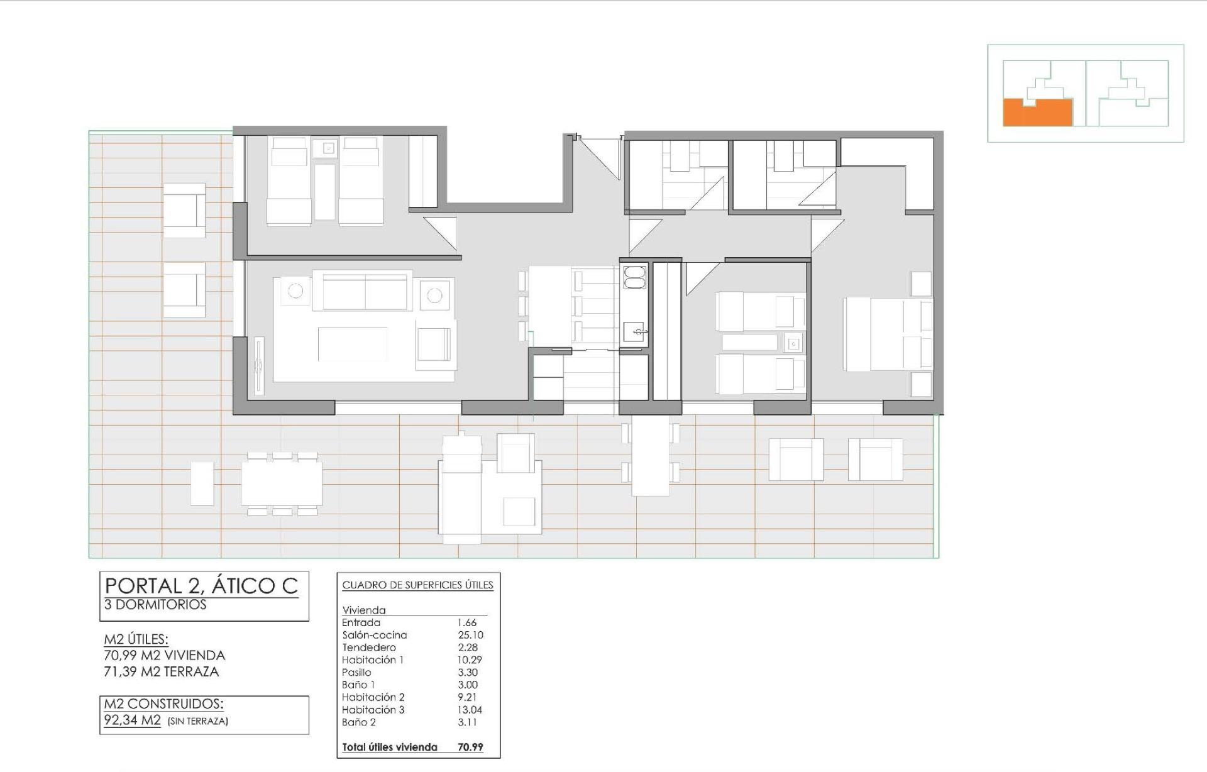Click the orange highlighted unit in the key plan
1037,113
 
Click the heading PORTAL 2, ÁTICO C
201,585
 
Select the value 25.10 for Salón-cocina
470,635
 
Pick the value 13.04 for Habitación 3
470,710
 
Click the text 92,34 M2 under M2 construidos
133,720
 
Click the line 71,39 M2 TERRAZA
161,671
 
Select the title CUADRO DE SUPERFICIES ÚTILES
417,585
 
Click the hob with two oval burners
634,277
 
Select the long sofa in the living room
367,290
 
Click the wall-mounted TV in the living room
258,367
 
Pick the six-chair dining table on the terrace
282,483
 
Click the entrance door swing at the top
601,157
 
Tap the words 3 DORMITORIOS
155,605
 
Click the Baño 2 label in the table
359,722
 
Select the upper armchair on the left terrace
185,211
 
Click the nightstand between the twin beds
793,343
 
